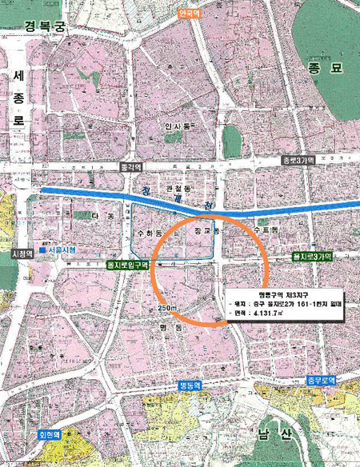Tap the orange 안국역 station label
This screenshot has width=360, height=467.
pos(190,14)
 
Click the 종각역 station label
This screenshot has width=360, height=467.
pos(130,168)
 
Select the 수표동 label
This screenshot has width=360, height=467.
pos(263,230)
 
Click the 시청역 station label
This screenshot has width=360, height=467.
pos(21,253)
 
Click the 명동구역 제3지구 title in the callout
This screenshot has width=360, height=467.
pos(274,293)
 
